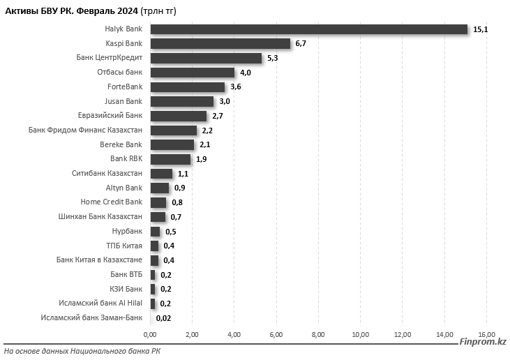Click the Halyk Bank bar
click(x=308, y=29)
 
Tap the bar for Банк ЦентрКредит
click(x=206, y=58)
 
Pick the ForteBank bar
click(x=188, y=87)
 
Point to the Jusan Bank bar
click(x=181, y=101)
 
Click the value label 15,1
click(x=479, y=29)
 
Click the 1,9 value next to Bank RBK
click(x=202, y=159)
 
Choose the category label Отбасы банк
click(x=120, y=73)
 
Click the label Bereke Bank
click(x=121, y=144)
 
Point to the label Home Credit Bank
click(x=112, y=202)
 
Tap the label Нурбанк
click(x=127, y=231)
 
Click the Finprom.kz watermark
click(x=483, y=342)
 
